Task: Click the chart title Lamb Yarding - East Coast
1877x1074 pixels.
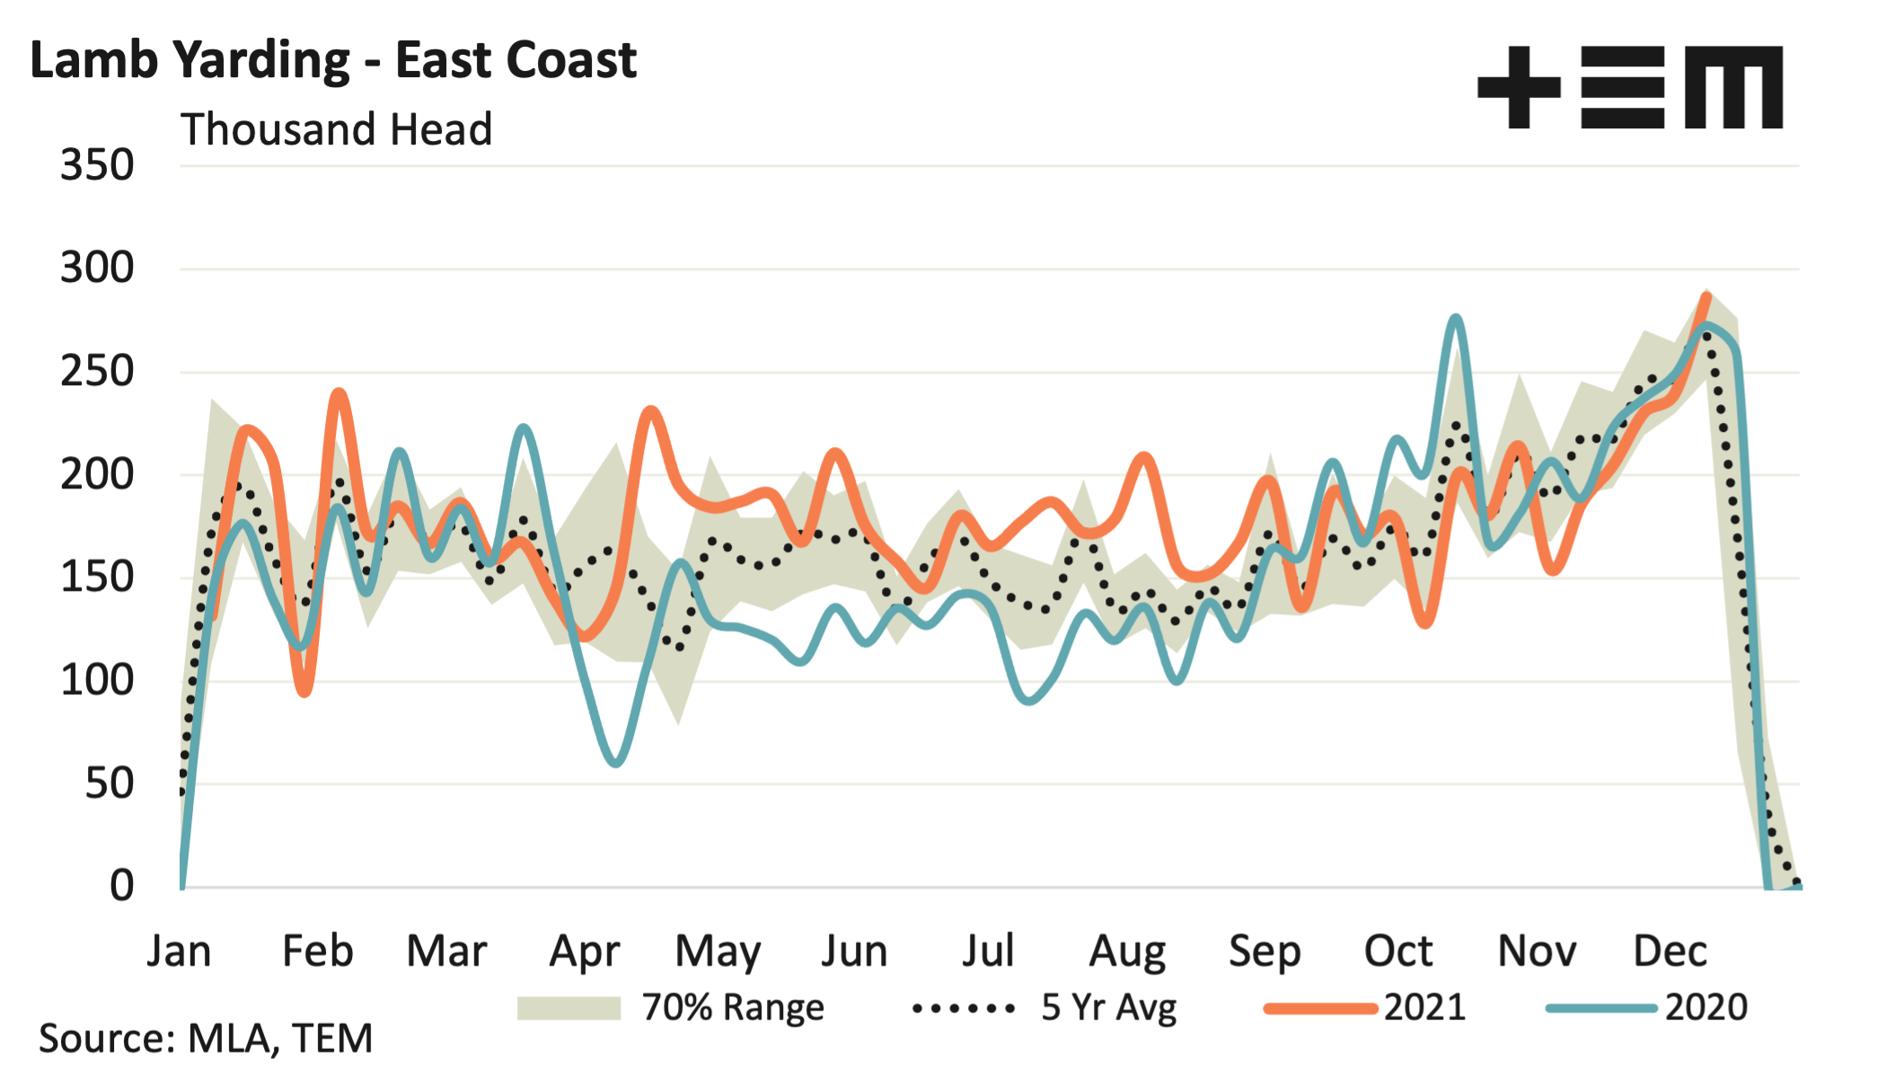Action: click(x=333, y=61)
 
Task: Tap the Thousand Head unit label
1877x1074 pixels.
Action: click(x=337, y=129)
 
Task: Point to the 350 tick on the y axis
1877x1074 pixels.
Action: click(x=97, y=166)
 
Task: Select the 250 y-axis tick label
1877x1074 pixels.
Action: click(x=97, y=372)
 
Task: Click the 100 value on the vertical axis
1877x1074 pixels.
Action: click(x=97, y=681)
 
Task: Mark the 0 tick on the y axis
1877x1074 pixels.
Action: click(x=121, y=886)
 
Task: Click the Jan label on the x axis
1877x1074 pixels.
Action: click(x=180, y=951)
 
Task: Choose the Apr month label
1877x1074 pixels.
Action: click(x=585, y=951)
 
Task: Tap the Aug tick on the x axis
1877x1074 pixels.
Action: click(x=1127, y=951)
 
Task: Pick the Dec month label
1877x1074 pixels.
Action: click(x=1670, y=951)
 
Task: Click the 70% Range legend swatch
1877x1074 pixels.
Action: click(x=568, y=1008)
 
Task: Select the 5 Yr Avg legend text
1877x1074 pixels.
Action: click(x=1108, y=1008)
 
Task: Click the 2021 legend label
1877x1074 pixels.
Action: click(x=1424, y=1008)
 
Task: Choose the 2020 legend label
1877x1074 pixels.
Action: click(x=1705, y=1008)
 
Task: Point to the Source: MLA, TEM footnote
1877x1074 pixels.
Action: click(x=206, y=1039)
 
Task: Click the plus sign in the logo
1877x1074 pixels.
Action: click(x=1519, y=87)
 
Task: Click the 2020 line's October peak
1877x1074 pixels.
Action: click(x=1456, y=318)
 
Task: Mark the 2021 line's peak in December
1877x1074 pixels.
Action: click(x=1705, y=295)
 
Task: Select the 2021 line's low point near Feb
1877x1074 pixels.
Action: click(x=305, y=691)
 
